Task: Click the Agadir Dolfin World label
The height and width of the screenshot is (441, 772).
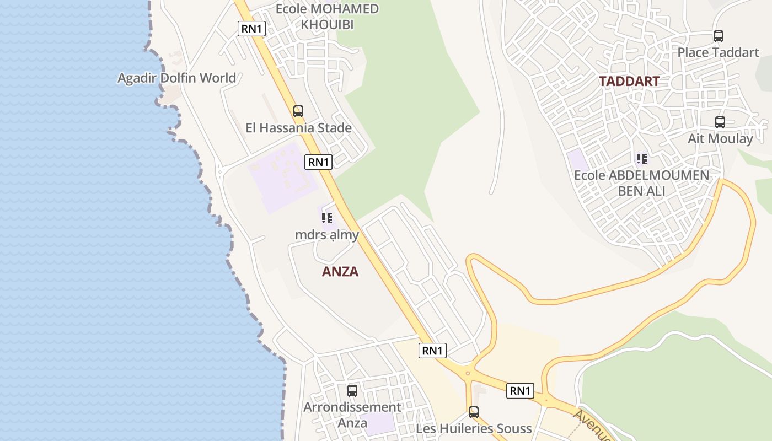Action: [x=176, y=78]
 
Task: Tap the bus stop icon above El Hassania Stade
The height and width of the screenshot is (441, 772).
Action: [x=298, y=111]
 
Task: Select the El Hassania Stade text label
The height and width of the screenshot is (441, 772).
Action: [x=298, y=128]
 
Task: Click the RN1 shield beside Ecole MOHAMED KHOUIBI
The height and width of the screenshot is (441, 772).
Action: [x=251, y=29]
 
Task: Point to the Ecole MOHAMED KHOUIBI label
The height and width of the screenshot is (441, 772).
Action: [x=327, y=17]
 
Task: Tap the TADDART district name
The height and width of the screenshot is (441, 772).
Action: [x=629, y=81]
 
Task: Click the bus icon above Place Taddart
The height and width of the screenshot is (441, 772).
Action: [x=718, y=36]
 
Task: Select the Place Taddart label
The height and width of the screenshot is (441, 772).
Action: [x=718, y=52]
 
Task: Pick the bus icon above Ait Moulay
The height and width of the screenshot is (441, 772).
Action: [x=720, y=122]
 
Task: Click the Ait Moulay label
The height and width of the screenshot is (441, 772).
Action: [x=720, y=138]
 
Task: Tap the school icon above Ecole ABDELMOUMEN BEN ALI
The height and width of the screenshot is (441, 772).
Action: [x=641, y=159]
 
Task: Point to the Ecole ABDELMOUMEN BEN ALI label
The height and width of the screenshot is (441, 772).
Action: [x=641, y=183]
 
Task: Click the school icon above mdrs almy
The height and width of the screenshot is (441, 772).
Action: [x=327, y=218]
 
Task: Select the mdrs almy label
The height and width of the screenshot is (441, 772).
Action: [x=327, y=235]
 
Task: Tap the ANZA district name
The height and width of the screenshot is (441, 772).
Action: [x=340, y=271]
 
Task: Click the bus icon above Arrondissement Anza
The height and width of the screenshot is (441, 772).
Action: [x=352, y=391]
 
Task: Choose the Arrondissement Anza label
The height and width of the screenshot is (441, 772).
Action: [x=352, y=415]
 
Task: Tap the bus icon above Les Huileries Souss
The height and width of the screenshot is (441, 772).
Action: [x=474, y=412]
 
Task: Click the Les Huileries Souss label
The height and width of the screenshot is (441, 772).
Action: [x=474, y=428]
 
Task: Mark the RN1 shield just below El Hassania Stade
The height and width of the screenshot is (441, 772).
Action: [x=318, y=162]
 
